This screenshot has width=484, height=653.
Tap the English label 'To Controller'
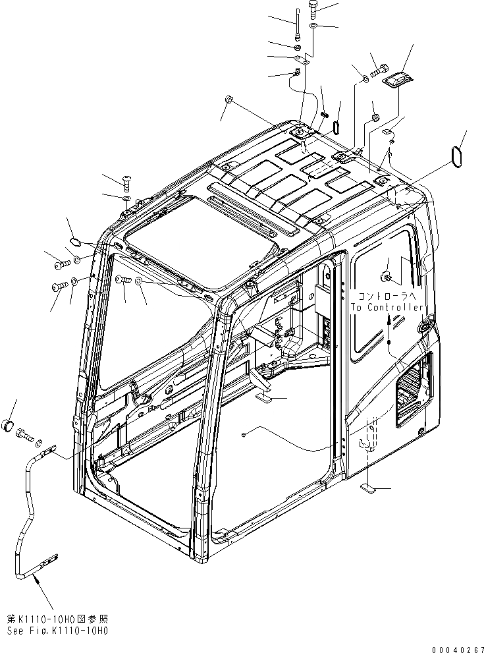tap(386, 307)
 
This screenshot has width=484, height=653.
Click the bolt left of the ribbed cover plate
tap(379, 66)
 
